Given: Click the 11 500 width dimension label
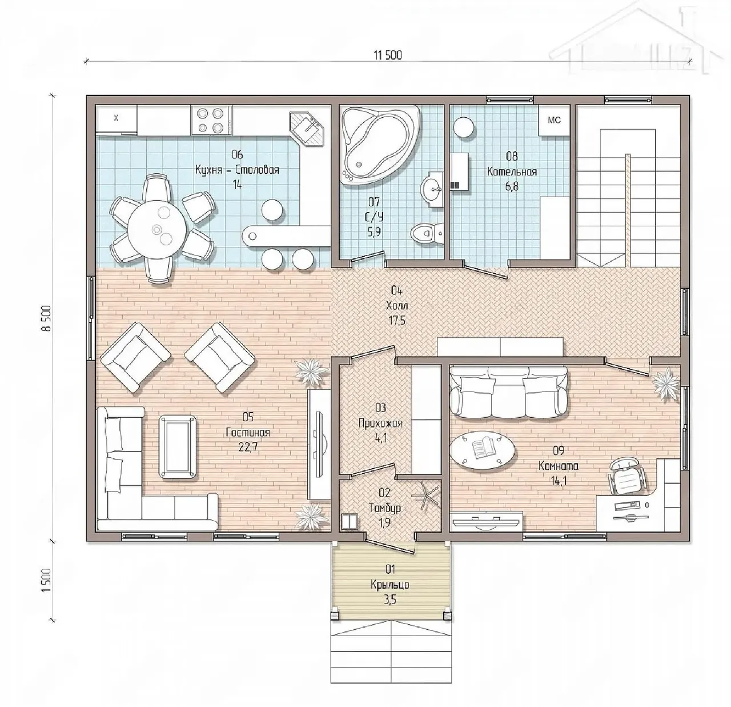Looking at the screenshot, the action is pyautogui.click(x=388, y=55).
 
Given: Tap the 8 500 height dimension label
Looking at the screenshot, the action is pyautogui.click(x=46, y=318).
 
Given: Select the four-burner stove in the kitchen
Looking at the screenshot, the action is pyautogui.click(x=211, y=119).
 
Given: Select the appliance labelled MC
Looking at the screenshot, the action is pyautogui.click(x=555, y=120).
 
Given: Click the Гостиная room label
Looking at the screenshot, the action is pyautogui.click(x=248, y=433).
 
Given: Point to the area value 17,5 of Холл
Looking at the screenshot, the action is pyautogui.click(x=396, y=321).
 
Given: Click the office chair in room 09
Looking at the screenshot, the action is pyautogui.click(x=627, y=476).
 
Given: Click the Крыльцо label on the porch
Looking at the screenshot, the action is pyautogui.click(x=390, y=585).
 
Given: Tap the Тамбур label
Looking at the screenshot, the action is pyautogui.click(x=385, y=508).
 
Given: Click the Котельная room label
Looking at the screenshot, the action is pyautogui.click(x=512, y=172).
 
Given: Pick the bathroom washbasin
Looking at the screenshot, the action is pyautogui.click(x=433, y=188).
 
